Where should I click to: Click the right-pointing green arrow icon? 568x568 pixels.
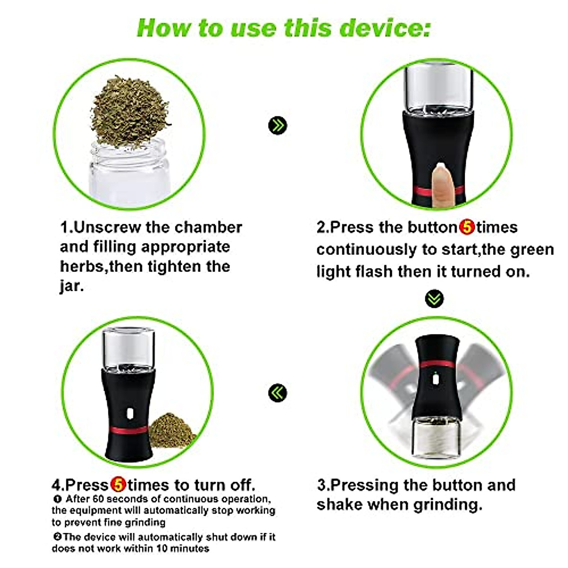[277, 125]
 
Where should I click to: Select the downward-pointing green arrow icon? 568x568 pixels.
[435, 298]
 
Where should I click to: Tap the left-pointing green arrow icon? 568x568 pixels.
[277, 393]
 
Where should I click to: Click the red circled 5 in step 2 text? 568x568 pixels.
[467, 227]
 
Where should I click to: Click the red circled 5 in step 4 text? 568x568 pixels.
[118, 485]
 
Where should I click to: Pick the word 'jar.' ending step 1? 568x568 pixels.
[71, 286]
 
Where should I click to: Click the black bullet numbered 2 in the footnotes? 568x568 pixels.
[57, 537]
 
